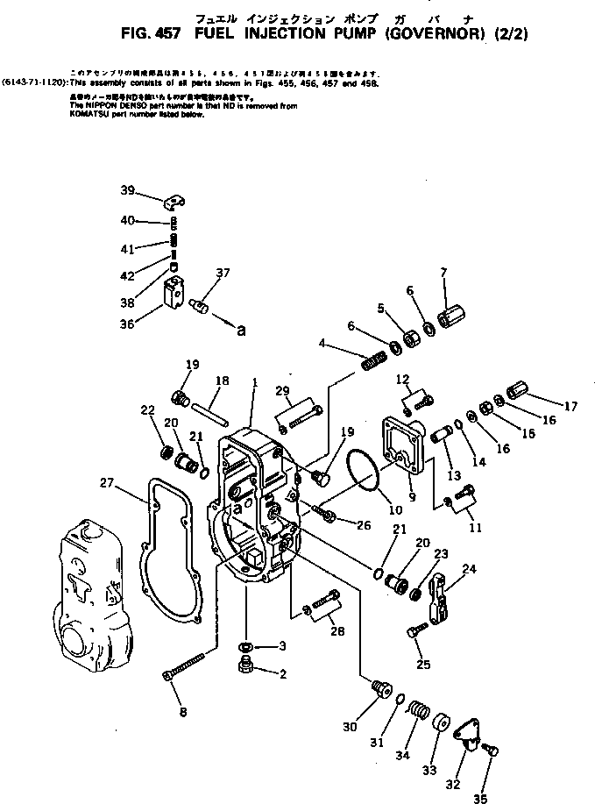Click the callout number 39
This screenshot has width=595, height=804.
128,191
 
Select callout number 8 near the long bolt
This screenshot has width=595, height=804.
182,712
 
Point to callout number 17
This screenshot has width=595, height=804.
571,406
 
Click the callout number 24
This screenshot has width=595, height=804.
469,568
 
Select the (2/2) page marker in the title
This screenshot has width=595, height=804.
514,36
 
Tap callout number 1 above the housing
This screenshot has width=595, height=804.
254,382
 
